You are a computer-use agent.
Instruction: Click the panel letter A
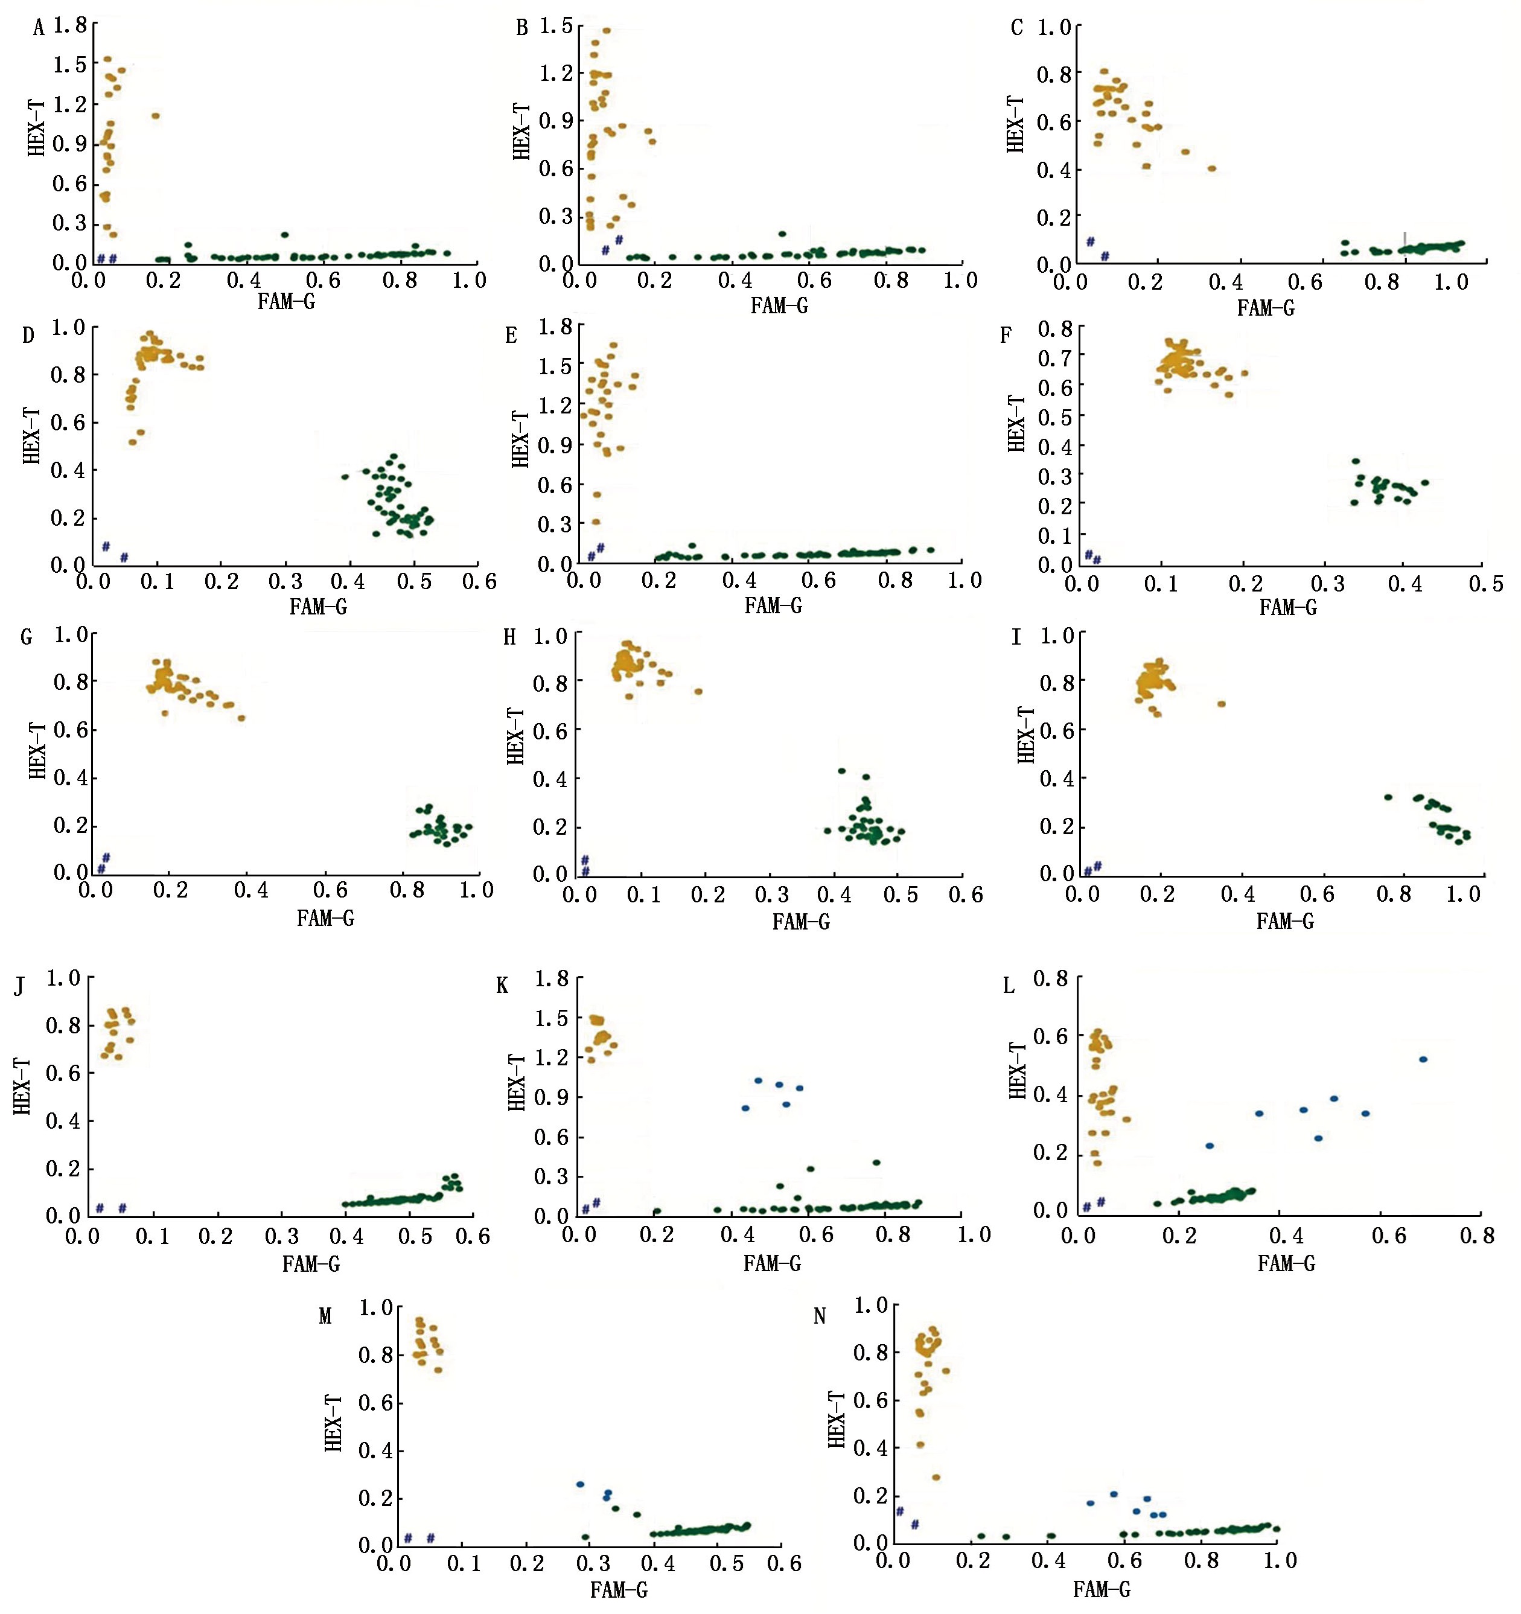[x=37, y=29]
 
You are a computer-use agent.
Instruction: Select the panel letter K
[x=502, y=986]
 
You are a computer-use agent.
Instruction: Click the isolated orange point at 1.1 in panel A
[x=155, y=116]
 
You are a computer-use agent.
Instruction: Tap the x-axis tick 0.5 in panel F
[x=1486, y=584]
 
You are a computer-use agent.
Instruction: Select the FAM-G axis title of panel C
[x=1264, y=308]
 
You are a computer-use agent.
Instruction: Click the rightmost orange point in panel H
[x=698, y=692]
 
